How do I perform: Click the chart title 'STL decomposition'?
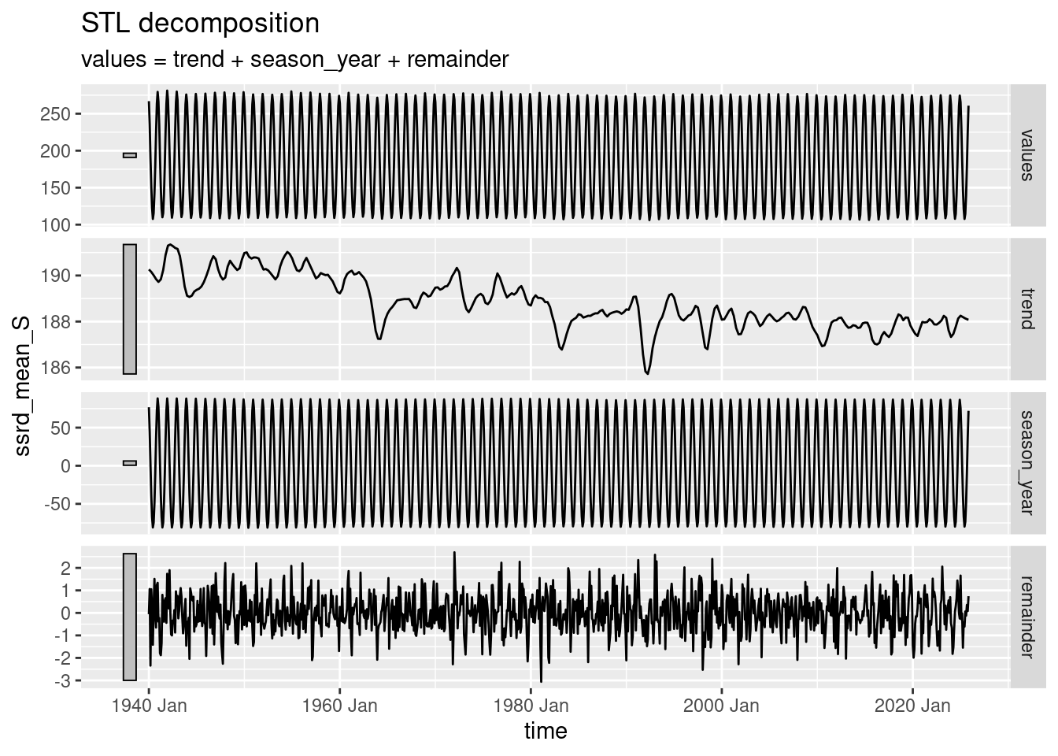coord(201,24)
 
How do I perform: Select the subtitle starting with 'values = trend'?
coord(294,59)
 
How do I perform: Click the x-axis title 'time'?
coord(546,731)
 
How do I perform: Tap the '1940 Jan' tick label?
coord(149,706)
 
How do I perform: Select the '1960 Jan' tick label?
coord(340,706)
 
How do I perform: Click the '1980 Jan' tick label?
coord(531,706)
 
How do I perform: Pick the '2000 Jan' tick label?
coord(721,706)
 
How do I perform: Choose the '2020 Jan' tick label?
coord(912,706)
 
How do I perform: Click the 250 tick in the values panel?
coord(61,114)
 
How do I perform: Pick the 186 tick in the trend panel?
coord(61,368)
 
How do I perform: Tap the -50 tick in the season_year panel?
coord(58,504)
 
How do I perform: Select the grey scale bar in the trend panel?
coord(130,309)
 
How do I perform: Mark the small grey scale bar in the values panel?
coord(130,155)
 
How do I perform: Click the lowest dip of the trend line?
coord(648,373)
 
